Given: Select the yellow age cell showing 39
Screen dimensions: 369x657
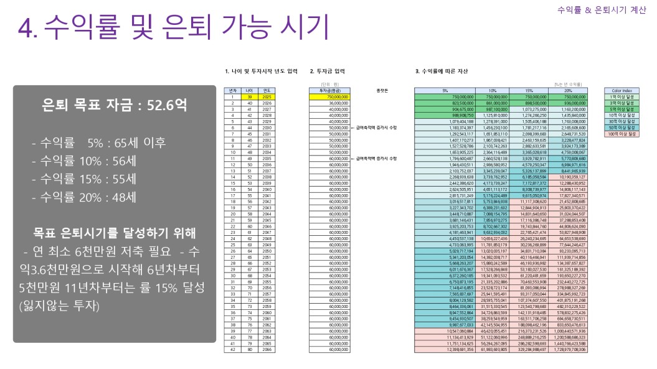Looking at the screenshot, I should (x=248, y=97).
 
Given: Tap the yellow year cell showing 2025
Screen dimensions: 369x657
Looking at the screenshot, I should (x=267, y=97).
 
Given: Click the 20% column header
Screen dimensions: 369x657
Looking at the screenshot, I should (x=570, y=91).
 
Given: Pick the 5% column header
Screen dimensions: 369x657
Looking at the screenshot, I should (x=445, y=91).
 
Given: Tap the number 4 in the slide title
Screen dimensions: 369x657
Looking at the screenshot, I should (x=26, y=28).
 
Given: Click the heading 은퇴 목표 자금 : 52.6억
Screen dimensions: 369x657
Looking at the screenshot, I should (x=113, y=105).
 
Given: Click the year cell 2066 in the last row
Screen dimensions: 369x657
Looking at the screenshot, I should (x=267, y=350).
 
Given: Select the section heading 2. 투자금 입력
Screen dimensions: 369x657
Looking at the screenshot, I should (x=327, y=72).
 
